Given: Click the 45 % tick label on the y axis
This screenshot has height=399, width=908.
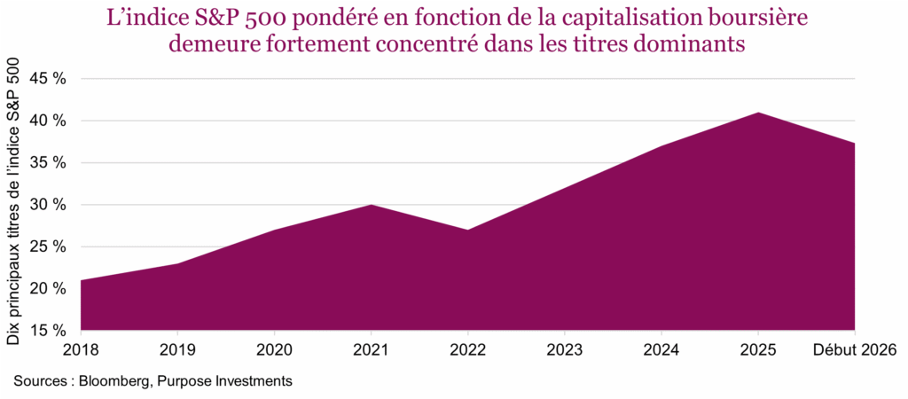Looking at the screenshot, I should click(49, 79).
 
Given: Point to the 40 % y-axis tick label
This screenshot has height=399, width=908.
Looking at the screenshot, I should click(49, 121).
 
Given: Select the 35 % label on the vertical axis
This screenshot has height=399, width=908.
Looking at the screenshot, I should click(49, 163).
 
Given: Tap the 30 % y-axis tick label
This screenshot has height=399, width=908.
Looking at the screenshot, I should click(49, 205).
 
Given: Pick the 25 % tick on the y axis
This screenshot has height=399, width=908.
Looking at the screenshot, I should click(49, 246).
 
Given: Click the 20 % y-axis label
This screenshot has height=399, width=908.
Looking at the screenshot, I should click(49, 289).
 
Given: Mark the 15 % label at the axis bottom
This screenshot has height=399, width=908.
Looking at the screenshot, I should click(49, 331).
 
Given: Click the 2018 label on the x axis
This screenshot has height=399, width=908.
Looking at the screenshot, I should click(81, 351).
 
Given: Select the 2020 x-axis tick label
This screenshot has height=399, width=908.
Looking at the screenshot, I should click(274, 351).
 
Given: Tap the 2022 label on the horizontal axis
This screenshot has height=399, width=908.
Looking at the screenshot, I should click(467, 351).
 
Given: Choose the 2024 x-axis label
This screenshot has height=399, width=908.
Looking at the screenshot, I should click(661, 351).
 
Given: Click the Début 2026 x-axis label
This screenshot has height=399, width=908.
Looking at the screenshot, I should click(855, 351).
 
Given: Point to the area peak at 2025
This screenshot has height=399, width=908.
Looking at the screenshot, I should click(758, 113).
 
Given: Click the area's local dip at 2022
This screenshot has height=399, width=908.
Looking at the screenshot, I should click(467, 231).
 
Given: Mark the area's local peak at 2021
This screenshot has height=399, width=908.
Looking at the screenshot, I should click(371, 206).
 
